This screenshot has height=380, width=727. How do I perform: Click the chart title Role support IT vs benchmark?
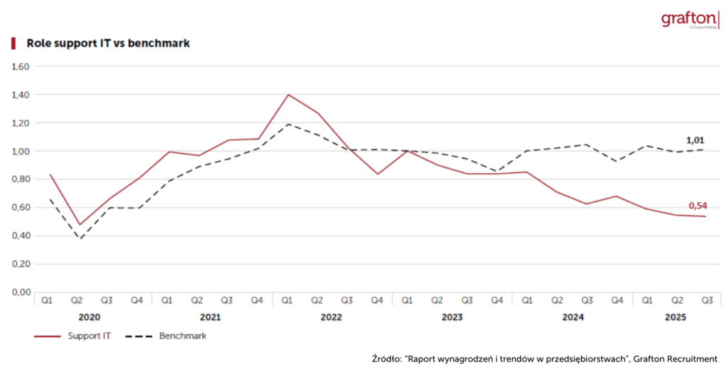point(107,43)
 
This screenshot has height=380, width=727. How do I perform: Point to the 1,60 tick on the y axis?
point(20,67)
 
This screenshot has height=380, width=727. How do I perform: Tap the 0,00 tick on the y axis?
point(20,292)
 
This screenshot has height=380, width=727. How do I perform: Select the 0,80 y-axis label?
point(20,179)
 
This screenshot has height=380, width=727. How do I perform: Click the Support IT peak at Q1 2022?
point(288,94)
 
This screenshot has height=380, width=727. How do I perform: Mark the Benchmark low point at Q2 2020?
point(80,240)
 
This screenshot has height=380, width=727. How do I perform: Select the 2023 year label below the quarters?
point(452,318)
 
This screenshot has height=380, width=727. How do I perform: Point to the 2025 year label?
point(674,318)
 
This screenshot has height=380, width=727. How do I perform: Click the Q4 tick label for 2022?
point(377,301)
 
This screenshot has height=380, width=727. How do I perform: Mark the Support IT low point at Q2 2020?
point(80,225)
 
